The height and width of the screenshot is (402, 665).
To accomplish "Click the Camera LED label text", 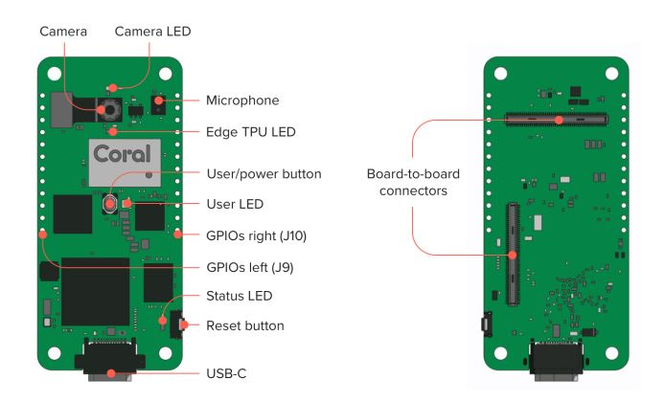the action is coord(152,32).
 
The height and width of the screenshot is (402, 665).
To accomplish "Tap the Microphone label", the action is coord(242,100).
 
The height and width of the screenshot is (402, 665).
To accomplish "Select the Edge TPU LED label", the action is coord(251,132).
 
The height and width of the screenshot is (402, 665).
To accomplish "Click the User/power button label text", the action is coord(264,174).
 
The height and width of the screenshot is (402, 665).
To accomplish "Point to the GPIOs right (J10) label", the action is coord(256,236).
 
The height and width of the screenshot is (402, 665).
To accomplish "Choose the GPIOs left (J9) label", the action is coord(250,268).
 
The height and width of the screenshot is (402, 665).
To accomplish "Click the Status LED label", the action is coord(240,296).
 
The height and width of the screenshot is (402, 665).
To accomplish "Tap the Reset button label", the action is coord(245,325).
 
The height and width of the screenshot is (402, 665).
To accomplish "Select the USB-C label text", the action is coord(226,373).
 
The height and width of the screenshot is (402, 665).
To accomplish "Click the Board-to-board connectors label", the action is coord(414,183).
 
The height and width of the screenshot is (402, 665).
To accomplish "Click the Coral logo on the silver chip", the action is coord(122,154).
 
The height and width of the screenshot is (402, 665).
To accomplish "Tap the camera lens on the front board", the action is coord(110,110).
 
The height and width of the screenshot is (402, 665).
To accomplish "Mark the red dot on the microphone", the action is coord(158,100).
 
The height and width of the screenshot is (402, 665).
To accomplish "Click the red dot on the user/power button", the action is coord(110,204).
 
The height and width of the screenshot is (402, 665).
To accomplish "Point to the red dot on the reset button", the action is coord(184,325).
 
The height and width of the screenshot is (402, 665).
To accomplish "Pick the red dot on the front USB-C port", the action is coord(111,373).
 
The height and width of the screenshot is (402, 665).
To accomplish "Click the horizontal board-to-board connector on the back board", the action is coord(557,120).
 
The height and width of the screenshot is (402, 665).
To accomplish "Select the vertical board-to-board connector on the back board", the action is coord(514,254).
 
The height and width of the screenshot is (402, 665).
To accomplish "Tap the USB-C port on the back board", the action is coord(556,361).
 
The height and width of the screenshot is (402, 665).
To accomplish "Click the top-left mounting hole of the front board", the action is coord(55,74).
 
